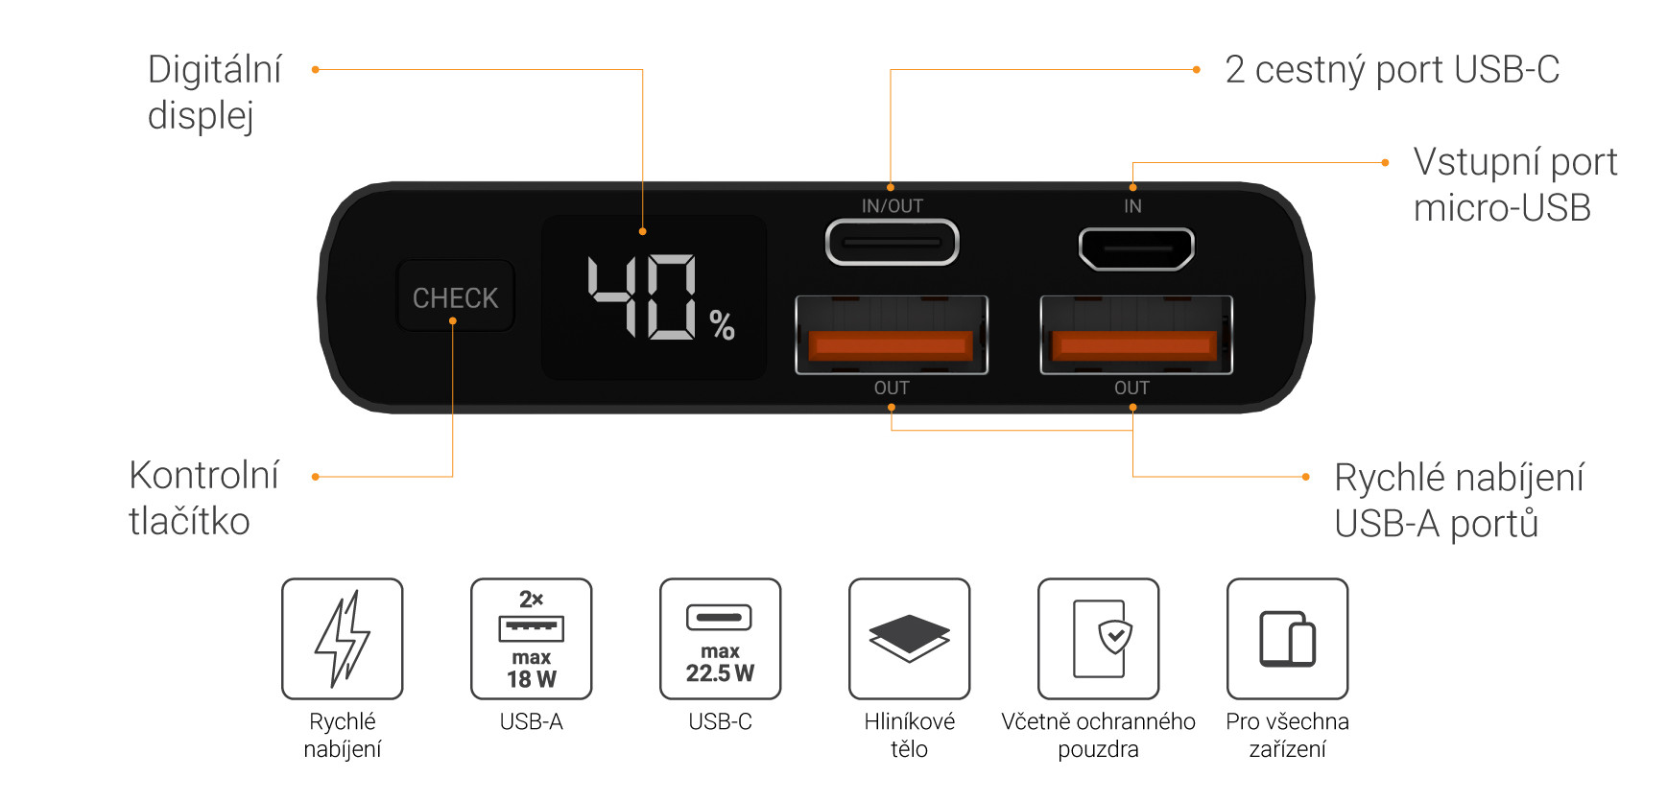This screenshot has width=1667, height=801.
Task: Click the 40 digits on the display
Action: click(642, 296)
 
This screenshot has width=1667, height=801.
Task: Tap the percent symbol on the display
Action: click(723, 325)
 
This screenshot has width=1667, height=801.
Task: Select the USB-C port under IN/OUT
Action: click(892, 243)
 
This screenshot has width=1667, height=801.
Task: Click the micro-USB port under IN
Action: click(1136, 248)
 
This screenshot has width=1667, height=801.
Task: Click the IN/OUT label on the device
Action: click(892, 206)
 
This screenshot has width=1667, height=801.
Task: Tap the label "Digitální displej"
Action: click(215, 92)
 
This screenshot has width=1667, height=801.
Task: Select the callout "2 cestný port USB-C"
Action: click(1392, 70)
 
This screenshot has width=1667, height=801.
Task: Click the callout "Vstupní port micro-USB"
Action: click(1514, 185)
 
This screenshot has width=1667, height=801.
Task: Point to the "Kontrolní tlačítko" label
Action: click(203, 498)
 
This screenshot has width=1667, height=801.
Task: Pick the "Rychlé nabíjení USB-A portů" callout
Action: click(1459, 500)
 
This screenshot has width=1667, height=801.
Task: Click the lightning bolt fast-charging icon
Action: click(343, 638)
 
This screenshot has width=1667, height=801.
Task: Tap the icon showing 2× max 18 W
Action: click(531, 638)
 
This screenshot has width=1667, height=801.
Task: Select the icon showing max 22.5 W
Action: click(720, 638)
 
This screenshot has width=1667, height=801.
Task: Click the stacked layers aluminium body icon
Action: click(909, 638)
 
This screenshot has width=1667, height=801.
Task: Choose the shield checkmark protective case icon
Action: click(1098, 638)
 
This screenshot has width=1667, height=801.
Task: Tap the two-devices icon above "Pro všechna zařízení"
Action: click(1287, 638)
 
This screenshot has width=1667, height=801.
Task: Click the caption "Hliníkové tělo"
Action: click(909, 735)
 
